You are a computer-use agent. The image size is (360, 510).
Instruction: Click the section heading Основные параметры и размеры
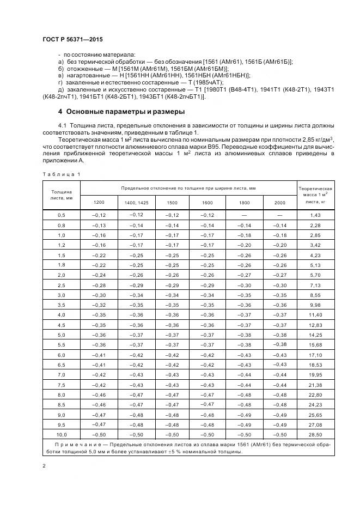125,112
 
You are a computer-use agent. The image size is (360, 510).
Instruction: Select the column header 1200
99,203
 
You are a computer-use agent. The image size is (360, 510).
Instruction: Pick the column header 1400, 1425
136,203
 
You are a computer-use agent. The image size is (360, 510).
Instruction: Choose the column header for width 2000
279,203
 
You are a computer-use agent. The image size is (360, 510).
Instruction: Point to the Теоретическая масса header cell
316,195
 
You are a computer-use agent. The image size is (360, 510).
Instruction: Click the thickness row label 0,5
61,216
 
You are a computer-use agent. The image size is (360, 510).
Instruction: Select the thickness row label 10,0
61,435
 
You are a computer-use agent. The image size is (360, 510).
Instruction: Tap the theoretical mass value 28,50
316,435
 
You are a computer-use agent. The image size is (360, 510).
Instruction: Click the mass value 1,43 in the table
316,216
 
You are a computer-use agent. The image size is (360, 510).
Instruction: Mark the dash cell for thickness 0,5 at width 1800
245,216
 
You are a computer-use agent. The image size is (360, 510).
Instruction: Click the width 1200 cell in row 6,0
99,355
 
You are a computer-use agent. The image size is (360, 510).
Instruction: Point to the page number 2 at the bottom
44,466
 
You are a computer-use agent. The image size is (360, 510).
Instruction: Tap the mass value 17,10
316,355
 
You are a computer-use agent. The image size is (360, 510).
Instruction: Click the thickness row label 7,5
61,385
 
